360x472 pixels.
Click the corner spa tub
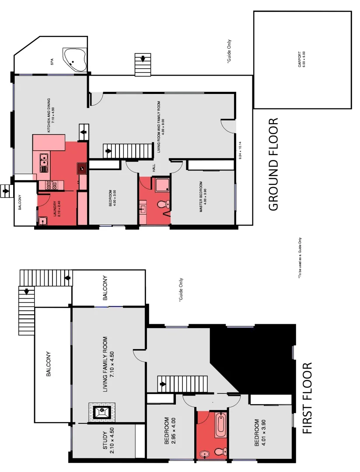tap(75, 60)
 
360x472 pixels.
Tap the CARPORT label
tap(301, 59)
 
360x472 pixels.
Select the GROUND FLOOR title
tap(273, 164)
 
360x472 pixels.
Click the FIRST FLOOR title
tap(308, 398)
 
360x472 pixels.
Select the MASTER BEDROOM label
tap(201, 197)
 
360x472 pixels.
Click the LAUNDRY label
tap(54, 209)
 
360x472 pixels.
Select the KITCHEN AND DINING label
tap(51, 115)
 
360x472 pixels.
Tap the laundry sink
tap(43, 221)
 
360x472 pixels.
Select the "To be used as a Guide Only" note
tap(301, 258)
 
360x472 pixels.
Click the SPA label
tap(52, 63)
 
